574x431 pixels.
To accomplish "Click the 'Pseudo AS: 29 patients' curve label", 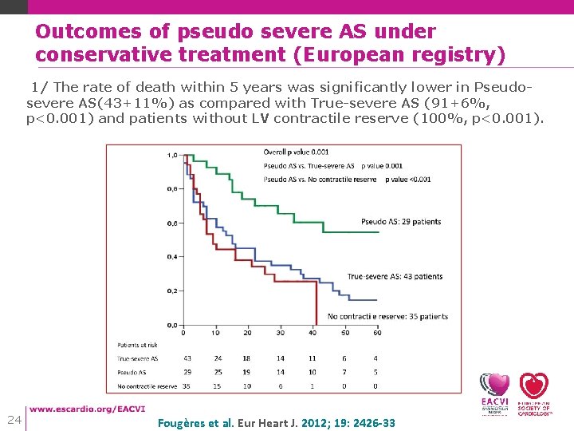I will click(400, 222).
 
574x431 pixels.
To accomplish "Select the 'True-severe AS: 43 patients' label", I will click(395, 277).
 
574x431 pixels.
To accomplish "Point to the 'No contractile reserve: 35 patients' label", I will click(387, 316).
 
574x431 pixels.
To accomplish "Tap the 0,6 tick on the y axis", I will click(172, 223).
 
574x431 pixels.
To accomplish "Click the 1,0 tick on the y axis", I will click(172, 155).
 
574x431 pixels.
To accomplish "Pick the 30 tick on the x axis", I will click(280, 332).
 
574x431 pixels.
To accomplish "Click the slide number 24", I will click(14, 420).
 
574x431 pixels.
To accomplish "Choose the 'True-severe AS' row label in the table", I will click(138, 359).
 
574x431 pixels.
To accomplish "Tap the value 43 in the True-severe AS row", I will click(187, 359).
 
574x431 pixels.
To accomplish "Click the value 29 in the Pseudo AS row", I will click(187, 373).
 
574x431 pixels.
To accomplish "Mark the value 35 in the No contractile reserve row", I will click(187, 386).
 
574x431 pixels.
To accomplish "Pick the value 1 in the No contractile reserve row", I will click(313, 386).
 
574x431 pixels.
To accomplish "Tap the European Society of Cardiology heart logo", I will click(534, 392).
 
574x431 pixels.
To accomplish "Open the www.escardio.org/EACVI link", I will click(88, 409).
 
